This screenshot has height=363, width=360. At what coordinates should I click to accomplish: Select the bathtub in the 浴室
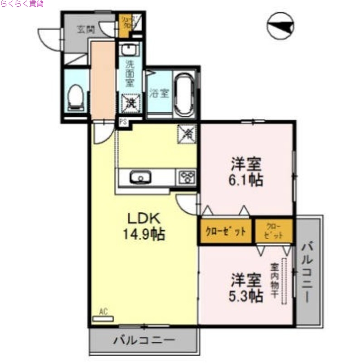click(185, 94)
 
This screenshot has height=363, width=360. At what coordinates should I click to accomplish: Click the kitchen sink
click(141, 177)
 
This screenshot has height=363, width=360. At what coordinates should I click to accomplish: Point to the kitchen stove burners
click(188, 177)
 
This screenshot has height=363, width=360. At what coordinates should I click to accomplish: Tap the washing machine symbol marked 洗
click(131, 103)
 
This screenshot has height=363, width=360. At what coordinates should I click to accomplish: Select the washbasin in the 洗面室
click(131, 49)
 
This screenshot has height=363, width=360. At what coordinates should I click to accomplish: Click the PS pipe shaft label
click(123, 122)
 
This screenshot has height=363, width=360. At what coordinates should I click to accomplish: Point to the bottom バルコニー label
click(144, 340)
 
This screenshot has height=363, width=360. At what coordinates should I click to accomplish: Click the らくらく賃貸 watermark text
click(21, 4)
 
